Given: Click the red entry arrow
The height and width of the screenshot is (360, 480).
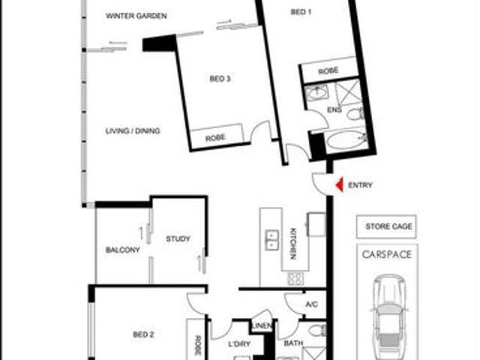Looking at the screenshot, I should [x=339, y=184].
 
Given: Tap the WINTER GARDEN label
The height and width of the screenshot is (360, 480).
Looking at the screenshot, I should [x=136, y=16].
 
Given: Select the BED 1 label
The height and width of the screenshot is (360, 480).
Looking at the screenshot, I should [x=301, y=12].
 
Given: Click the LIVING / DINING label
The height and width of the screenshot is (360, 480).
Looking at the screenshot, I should [x=133, y=130].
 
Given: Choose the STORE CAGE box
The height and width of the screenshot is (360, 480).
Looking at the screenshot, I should [x=388, y=226].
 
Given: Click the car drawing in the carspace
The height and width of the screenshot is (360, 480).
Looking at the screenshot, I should [x=388, y=315].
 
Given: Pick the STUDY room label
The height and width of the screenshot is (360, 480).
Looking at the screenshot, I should [x=178, y=239].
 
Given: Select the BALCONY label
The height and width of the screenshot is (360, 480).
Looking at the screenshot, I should [x=122, y=250].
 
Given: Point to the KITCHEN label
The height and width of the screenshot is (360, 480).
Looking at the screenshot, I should [x=292, y=243].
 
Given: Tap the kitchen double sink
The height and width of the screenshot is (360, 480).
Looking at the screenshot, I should [x=271, y=238].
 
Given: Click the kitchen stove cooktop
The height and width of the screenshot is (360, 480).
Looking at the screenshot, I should [x=295, y=278].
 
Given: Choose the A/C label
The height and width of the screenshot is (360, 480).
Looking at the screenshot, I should [x=312, y=304].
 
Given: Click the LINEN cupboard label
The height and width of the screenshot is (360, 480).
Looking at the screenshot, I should [x=261, y=325].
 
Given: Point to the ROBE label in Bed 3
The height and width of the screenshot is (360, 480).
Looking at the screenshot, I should [x=215, y=138].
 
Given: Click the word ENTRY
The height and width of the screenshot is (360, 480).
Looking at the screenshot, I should [x=360, y=185].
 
